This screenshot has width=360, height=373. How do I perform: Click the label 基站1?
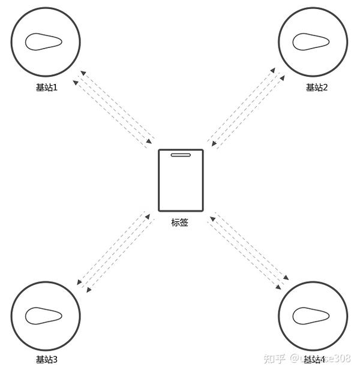point(46,88)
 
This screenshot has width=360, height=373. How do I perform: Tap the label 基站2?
point(316,88)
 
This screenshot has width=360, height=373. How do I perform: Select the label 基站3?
point(46,360)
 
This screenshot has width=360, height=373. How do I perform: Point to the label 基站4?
point(314,360)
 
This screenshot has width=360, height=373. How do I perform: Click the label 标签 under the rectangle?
point(180,222)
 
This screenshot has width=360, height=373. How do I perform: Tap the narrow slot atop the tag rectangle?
point(181,156)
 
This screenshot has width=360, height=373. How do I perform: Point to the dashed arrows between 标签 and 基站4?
point(248,248)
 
